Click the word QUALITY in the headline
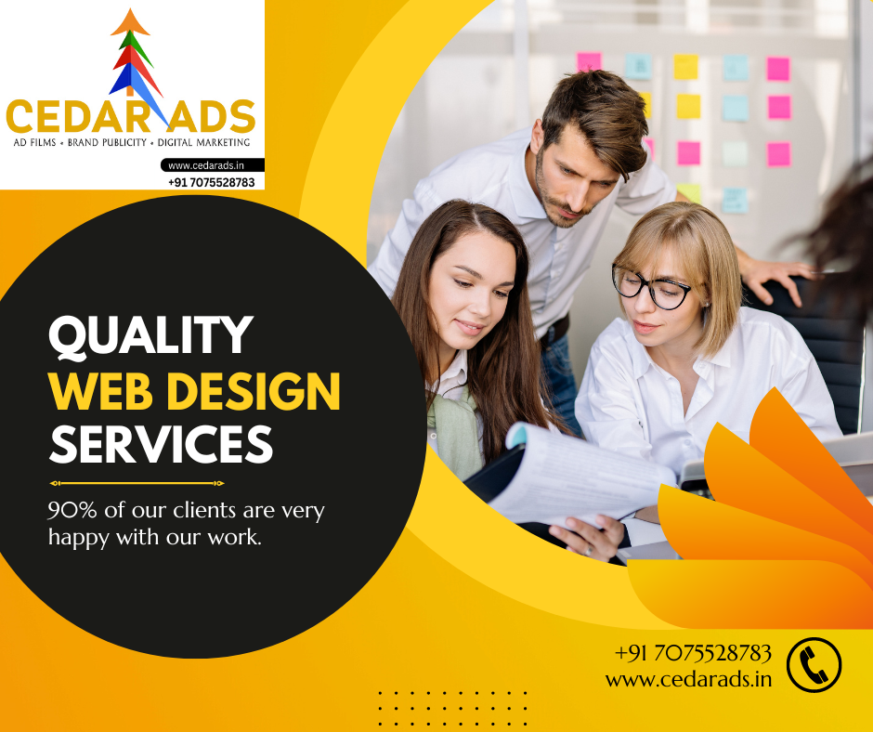pyautogui.click(x=150, y=335)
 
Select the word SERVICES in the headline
pyautogui.click(x=161, y=443)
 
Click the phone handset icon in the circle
pyautogui.click(x=814, y=664)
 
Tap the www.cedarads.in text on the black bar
pyautogui.click(x=206, y=165)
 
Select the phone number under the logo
pyautogui.click(x=212, y=182)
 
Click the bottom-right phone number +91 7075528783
pyautogui.click(x=693, y=653)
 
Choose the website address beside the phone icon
pyautogui.click(x=689, y=680)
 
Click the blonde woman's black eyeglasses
pyautogui.click(x=651, y=287)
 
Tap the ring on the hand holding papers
pyautogui.click(x=589, y=551)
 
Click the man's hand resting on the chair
pyautogui.click(x=776, y=277)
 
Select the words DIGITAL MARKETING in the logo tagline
pyautogui.click(x=203, y=143)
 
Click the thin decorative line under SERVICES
pyautogui.click(x=137, y=483)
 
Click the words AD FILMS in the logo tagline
pyautogui.click(x=35, y=143)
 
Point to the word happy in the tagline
pyautogui.click(x=79, y=538)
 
